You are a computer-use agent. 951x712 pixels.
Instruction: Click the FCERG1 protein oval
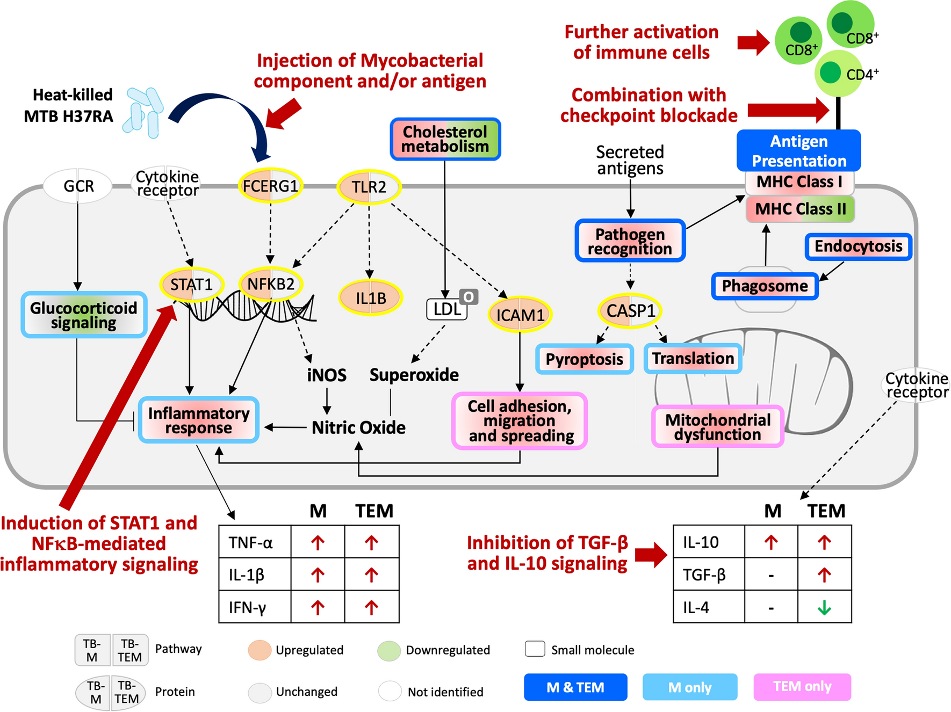click(270, 186)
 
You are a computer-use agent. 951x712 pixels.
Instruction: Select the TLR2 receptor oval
click(369, 187)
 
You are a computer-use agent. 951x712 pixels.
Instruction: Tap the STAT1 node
click(191, 284)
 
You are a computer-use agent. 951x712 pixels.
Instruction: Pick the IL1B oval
click(371, 297)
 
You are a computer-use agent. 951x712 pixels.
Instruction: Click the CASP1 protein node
click(630, 310)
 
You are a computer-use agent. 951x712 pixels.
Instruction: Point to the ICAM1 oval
click(520, 315)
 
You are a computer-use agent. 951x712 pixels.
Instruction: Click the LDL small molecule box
click(447, 309)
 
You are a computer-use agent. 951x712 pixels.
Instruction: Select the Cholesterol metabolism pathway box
click(445, 139)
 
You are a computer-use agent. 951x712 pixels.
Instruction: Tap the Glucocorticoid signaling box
click(84, 315)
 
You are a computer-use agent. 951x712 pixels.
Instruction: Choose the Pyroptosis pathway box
click(585, 359)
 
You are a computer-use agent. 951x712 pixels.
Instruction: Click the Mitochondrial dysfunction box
click(718, 427)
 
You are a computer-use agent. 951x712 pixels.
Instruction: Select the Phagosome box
click(765, 286)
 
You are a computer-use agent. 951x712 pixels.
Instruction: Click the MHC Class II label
click(800, 209)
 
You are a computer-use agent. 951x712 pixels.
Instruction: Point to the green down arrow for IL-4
click(824, 607)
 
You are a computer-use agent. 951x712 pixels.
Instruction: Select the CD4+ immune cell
click(838, 73)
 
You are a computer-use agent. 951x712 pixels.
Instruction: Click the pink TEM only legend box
click(802, 687)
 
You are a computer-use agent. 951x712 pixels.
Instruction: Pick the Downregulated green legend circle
click(389, 650)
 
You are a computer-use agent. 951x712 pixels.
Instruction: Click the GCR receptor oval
click(78, 186)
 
